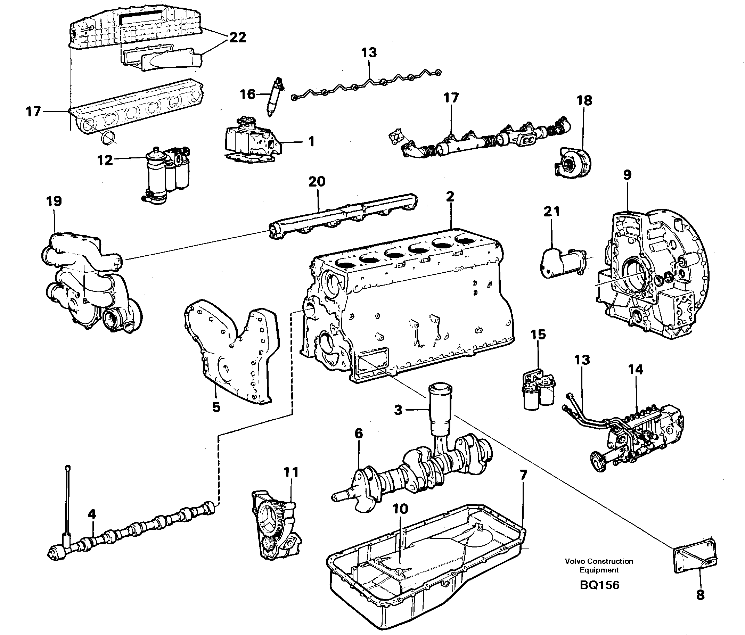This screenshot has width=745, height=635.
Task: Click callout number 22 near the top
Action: click(237, 38)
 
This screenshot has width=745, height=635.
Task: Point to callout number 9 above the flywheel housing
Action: click(627, 175)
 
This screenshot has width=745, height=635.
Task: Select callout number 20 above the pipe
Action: click(317, 181)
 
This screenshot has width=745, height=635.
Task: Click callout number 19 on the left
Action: click(54, 201)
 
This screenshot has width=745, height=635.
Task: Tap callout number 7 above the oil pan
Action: click(523, 475)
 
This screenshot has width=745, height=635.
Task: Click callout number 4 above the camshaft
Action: click(92, 514)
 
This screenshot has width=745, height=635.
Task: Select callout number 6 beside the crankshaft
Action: click(359, 434)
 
